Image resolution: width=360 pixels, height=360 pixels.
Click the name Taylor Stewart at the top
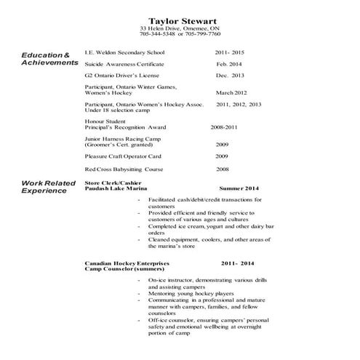[x=180, y=20]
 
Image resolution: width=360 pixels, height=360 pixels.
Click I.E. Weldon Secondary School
[x=124, y=53]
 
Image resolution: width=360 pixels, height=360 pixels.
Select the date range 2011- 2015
[x=231, y=53]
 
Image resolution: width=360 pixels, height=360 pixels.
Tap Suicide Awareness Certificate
[x=124, y=64]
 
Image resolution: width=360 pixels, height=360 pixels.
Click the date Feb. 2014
[x=228, y=64]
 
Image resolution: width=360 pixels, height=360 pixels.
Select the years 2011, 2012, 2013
[x=239, y=105]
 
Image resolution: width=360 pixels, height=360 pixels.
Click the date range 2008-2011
[x=225, y=127]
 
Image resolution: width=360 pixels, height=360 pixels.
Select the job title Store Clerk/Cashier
[x=113, y=183]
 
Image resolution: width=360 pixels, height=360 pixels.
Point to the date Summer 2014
[x=241, y=188]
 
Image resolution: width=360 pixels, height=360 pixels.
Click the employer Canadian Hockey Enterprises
[x=127, y=261]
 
